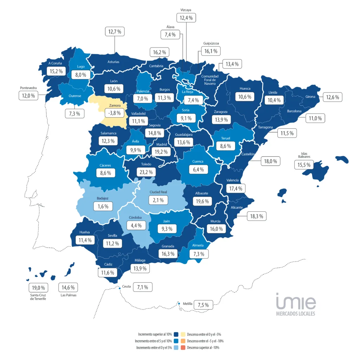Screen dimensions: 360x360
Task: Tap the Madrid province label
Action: (x=161, y=144)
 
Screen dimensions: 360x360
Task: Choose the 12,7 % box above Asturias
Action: (x=115, y=32)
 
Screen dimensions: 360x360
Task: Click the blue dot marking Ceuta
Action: (x=120, y=288)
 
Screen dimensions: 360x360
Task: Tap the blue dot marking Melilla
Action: (x=179, y=304)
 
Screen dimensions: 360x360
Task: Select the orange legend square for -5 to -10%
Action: (x=183, y=341)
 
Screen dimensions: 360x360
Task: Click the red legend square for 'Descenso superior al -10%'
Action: (x=183, y=348)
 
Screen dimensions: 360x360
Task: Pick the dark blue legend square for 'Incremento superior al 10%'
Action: (x=176, y=334)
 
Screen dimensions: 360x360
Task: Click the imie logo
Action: (x=296, y=301)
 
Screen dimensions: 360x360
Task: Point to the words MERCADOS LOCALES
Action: (x=296, y=314)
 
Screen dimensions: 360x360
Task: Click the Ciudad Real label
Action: (x=158, y=192)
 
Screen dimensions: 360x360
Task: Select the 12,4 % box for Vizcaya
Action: (x=186, y=18)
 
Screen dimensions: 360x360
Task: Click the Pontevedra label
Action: (x=28, y=88)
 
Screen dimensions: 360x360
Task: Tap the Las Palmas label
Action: (x=69, y=295)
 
